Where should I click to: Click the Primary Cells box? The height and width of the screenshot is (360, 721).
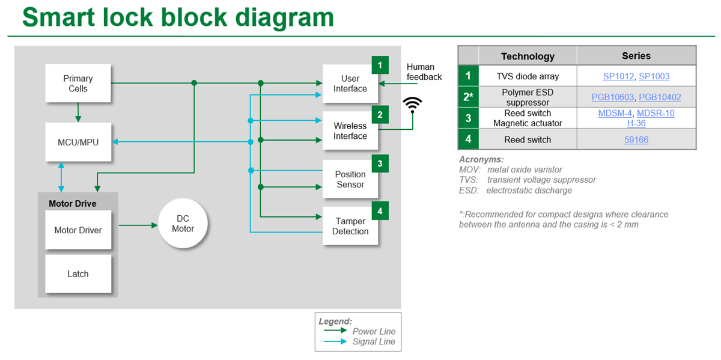78,84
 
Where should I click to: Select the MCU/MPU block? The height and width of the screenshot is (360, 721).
78,142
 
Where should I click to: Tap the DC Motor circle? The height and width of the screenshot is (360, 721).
183,224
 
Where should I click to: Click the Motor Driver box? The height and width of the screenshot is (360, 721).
78,230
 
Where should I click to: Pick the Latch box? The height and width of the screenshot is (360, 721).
78,274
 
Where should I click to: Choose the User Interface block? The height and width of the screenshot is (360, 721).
350,84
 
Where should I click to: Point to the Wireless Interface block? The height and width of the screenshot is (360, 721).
350,131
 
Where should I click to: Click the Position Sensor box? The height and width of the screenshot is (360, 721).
350,179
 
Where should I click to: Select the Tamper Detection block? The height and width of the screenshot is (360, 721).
350,226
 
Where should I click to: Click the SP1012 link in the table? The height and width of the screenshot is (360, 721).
618,76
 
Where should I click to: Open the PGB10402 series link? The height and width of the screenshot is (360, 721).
660,97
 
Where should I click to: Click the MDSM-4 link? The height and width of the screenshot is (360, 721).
615,113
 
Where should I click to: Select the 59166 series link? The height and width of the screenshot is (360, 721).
636,139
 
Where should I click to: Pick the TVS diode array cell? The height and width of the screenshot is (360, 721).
528,76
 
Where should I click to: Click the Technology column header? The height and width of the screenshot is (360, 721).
528,56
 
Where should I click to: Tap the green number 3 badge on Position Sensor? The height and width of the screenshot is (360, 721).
380,163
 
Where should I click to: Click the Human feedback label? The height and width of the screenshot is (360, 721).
424,72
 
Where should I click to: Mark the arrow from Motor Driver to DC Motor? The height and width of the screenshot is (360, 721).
138,225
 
